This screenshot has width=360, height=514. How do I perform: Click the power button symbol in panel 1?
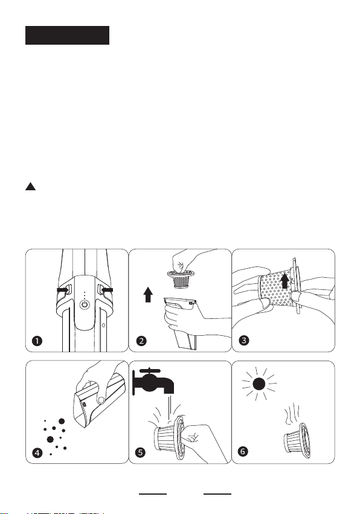(85, 304)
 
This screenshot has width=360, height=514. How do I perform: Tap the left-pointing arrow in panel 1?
(107, 290)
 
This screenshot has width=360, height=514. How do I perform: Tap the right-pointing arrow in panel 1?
(62, 290)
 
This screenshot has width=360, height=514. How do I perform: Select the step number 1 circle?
(37, 341)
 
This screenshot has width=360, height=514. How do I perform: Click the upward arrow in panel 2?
(148, 294)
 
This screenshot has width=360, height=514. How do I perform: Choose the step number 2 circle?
(141, 341)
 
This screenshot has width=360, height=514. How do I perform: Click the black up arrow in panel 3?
(285, 281)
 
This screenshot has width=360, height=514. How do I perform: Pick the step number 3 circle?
(244, 340)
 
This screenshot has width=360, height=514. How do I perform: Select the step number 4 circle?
(37, 453)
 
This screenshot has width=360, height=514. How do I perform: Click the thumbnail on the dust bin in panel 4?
(101, 400)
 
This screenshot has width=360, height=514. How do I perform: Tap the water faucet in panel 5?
(153, 381)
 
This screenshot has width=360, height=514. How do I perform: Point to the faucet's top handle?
(150, 370)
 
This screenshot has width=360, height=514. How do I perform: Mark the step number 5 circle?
(140, 453)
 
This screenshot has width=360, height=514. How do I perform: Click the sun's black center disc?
(259, 384)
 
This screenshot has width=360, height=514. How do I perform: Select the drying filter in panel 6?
(296, 440)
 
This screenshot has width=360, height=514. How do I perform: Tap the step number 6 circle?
(243, 451)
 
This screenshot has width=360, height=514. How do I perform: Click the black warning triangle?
(30, 186)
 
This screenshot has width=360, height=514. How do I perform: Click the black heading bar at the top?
(67, 35)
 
